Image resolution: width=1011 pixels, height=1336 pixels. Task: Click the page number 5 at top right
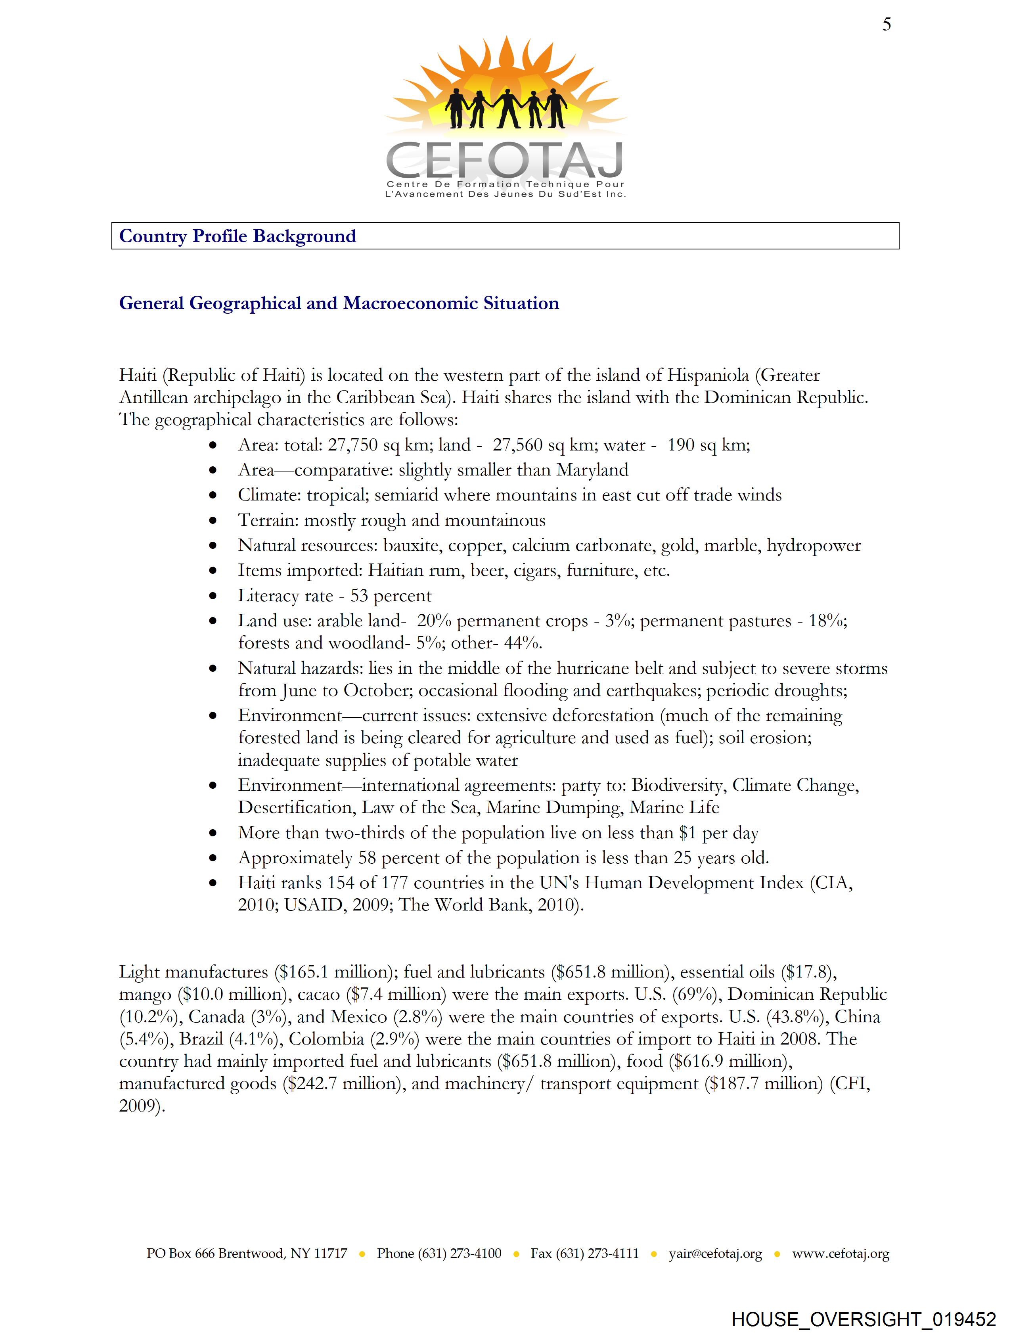tap(886, 25)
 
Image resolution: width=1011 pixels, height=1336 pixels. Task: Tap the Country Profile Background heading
tap(237, 236)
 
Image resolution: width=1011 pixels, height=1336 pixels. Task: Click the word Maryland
tap(592, 470)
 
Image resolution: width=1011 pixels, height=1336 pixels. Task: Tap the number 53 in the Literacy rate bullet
tap(359, 596)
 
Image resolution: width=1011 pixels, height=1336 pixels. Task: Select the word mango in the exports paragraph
tap(145, 995)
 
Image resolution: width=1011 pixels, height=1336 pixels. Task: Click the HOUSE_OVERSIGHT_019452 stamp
tap(864, 1319)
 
